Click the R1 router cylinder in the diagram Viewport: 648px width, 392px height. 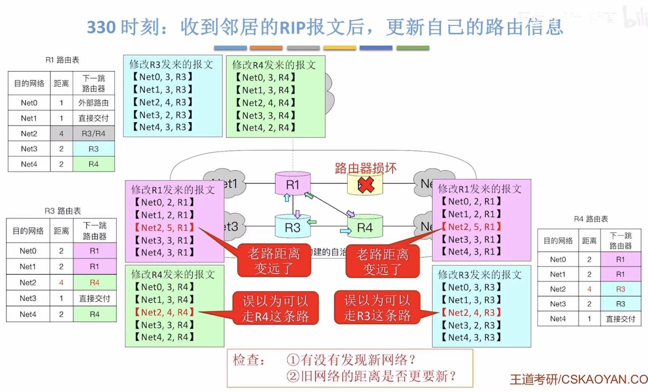(293, 184)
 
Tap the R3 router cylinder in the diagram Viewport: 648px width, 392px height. (293, 227)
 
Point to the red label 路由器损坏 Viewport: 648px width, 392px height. (365, 168)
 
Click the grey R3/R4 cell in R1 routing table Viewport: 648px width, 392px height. (93, 133)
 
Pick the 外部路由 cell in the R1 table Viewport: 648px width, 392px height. (93, 103)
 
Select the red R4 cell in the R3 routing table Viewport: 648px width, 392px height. (95, 282)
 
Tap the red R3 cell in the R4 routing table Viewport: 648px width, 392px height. (620, 289)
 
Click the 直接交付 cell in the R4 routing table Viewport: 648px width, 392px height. (620, 319)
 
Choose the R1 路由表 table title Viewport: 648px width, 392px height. (62, 60)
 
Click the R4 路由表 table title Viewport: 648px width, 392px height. (591, 219)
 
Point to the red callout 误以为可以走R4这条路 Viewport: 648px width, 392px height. (275, 308)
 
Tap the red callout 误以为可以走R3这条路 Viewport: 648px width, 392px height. (377, 308)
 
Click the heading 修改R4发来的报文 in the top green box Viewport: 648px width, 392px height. (274, 65)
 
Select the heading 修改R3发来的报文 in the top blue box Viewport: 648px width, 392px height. (171, 64)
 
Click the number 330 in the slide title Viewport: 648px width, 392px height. (101, 27)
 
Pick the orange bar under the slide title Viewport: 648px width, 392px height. (266, 48)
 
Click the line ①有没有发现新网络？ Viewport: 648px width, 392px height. (351, 360)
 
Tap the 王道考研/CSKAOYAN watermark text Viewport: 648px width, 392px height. (578, 379)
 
